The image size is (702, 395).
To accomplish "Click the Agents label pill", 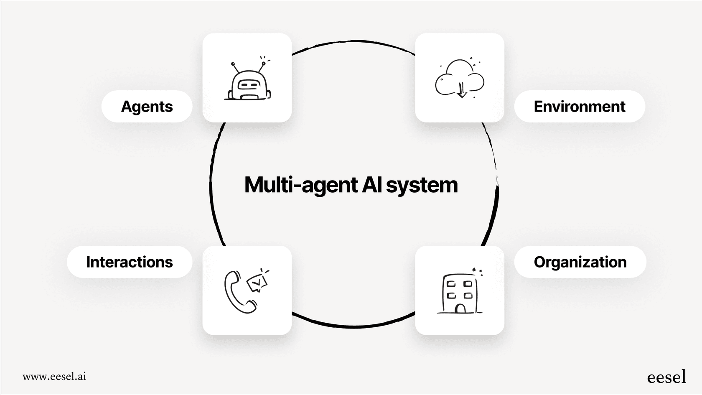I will (147, 107).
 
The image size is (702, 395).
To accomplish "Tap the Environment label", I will (579, 107).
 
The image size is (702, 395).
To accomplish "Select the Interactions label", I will (130, 262).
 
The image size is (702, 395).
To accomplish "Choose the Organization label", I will (580, 262).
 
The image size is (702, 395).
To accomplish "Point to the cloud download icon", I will (460, 79).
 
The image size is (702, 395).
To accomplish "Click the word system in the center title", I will (422, 185).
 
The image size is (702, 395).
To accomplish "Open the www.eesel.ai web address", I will (54, 376).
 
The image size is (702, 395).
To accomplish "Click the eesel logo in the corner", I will (666, 377).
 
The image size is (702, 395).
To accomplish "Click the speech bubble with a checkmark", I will (257, 283).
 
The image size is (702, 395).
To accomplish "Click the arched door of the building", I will (460, 308).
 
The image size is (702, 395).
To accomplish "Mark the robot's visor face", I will (249, 85).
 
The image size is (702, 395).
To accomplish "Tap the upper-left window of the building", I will (451, 284).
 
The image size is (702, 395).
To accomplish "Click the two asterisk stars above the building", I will (477, 272).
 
